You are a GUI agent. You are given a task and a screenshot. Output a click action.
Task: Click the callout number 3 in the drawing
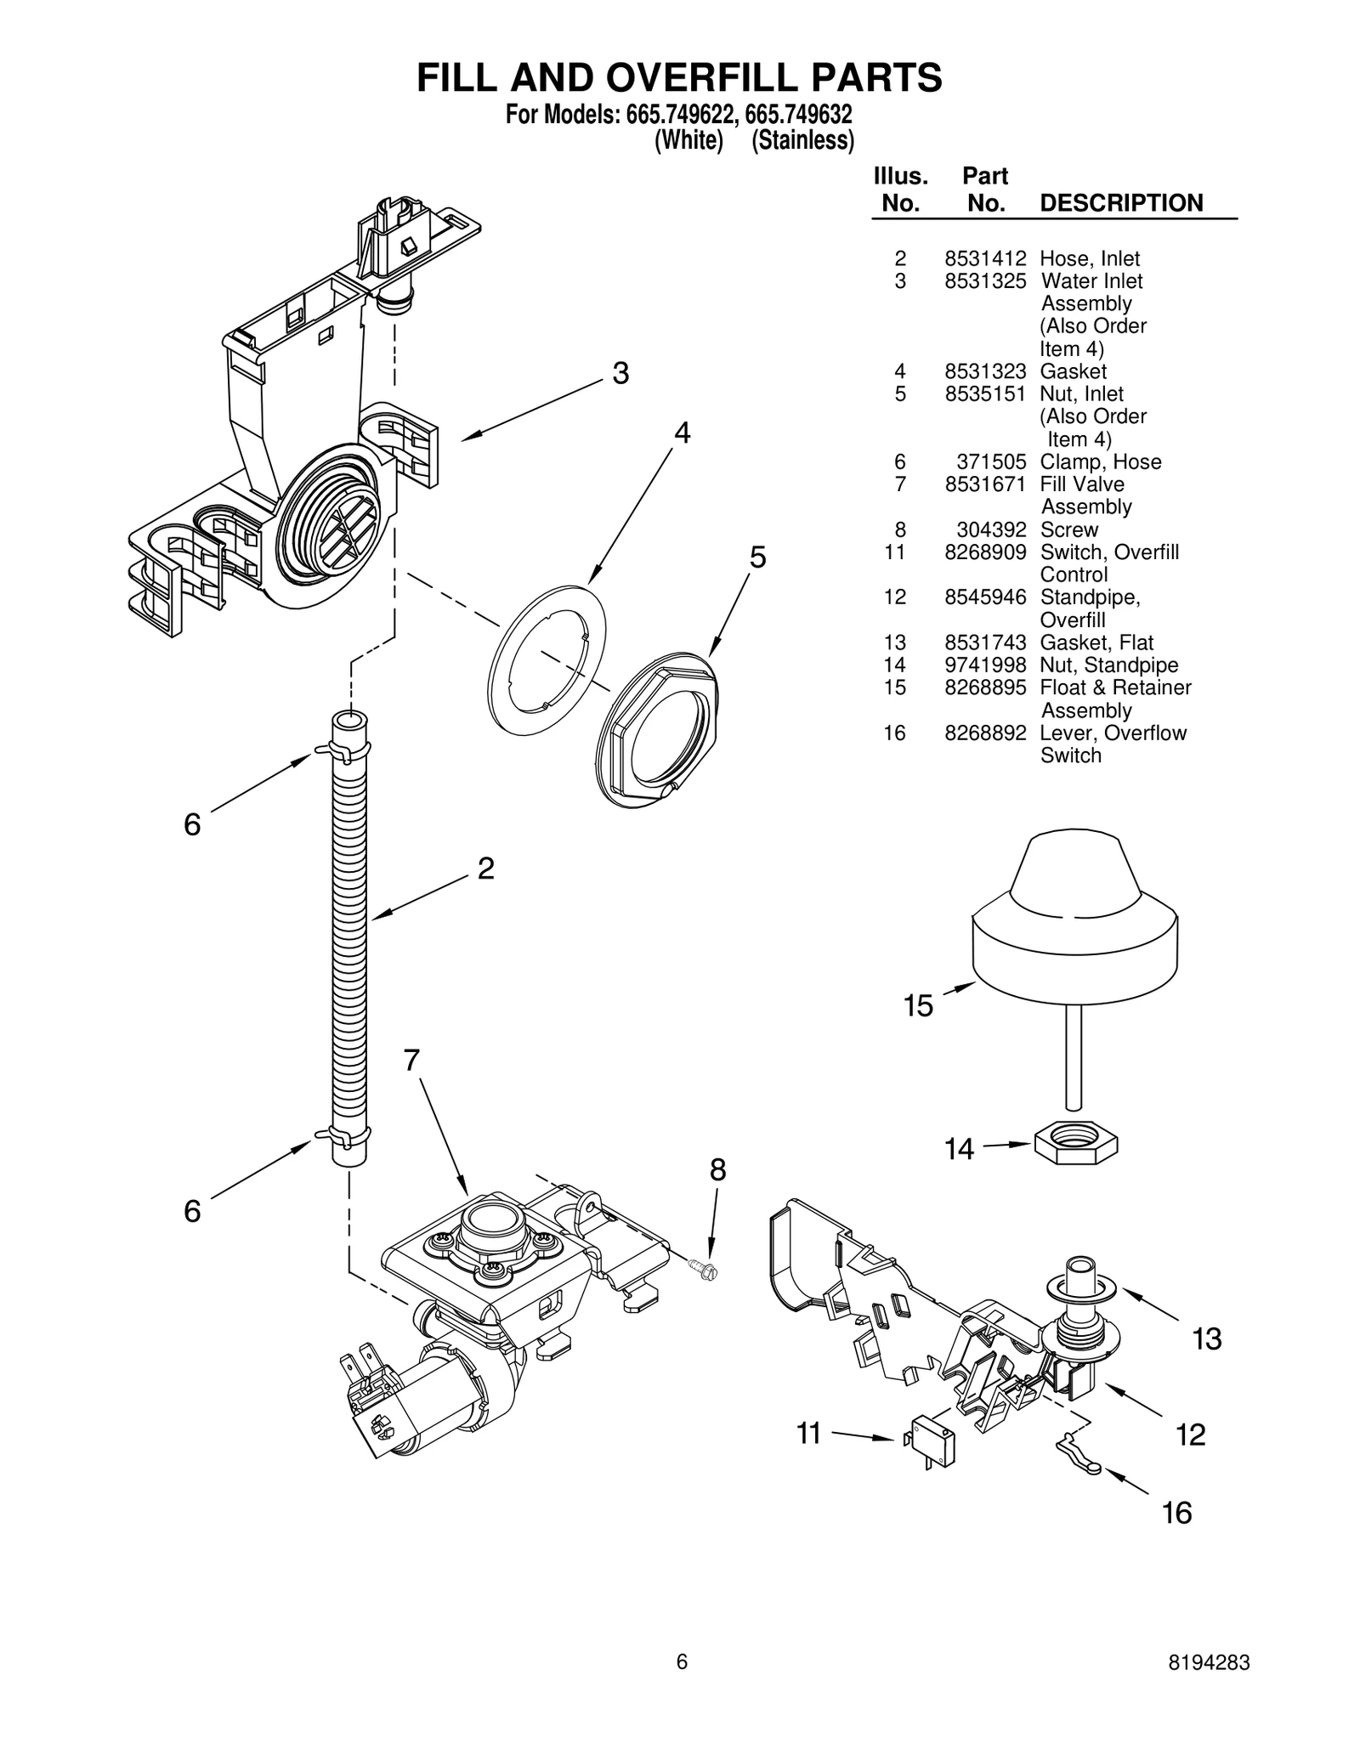[x=621, y=373]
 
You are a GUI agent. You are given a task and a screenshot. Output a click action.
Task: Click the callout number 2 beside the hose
[x=485, y=869]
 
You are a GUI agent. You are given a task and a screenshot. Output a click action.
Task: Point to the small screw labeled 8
[x=705, y=1271]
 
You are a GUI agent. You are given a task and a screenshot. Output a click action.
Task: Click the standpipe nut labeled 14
[x=1076, y=1143]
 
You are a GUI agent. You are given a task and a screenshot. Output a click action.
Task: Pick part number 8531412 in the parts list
[x=984, y=258]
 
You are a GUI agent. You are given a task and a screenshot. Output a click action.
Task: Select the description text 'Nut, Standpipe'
[x=1108, y=665]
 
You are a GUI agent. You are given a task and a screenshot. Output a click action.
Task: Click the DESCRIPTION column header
[x=1121, y=203]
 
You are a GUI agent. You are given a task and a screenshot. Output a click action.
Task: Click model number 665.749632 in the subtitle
[x=798, y=114]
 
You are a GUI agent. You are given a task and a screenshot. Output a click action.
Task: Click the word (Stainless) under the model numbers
[x=802, y=140]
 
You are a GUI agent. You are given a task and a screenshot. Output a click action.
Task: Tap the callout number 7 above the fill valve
[x=411, y=1061]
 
